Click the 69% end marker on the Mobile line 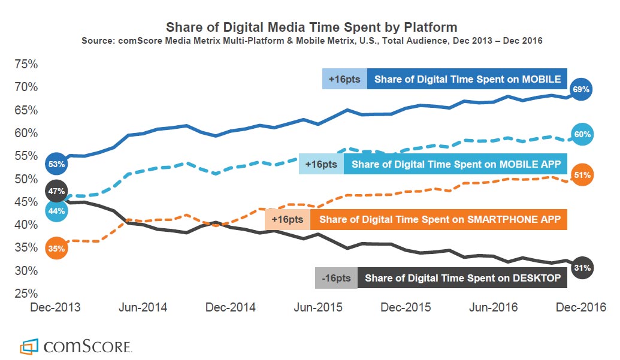pos(581,89)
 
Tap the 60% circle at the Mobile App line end pos(582,134)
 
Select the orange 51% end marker pos(582,175)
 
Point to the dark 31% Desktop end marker pos(582,267)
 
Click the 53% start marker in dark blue pos(56,164)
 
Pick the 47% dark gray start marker pos(56,192)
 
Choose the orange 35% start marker pos(56,248)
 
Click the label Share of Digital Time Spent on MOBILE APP pos(456,164)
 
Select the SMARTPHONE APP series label pos(440,219)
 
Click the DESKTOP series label pos(462,278)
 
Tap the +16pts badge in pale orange pos(287,219)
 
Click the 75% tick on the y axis pos(26,64)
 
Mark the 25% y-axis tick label pos(26,294)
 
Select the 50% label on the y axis pos(26,179)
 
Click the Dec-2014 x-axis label pos(231,308)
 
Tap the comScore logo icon pos(29,346)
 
